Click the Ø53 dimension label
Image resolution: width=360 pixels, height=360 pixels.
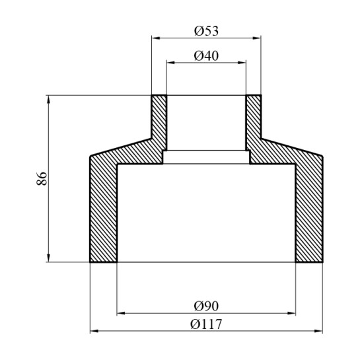point(206,31)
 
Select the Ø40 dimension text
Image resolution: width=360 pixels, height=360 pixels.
point(206,56)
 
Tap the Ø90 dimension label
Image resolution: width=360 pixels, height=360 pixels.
point(206,305)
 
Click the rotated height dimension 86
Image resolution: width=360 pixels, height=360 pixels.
point(41,178)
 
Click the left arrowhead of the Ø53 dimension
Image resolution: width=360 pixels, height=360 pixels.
point(155,38)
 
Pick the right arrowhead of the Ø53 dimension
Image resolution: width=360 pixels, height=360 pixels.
point(258,38)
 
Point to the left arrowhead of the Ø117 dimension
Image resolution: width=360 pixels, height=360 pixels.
point(93,330)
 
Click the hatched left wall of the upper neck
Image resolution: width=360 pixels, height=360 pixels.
point(159,122)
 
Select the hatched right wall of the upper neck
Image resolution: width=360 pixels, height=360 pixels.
point(254,122)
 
